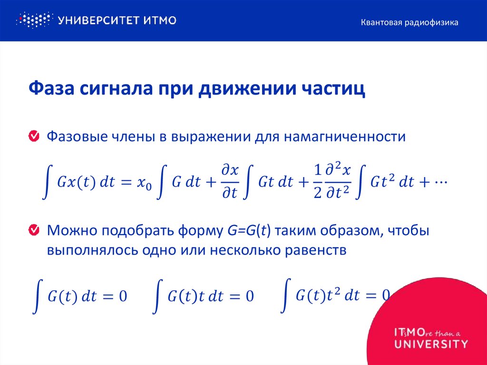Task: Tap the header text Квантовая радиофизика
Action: [409, 22]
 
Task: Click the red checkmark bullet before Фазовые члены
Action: [34, 137]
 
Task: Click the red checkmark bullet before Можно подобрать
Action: [34, 231]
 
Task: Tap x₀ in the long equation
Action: [144, 184]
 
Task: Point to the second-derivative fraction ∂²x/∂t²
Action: [338, 183]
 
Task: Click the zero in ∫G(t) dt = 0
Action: [123, 296]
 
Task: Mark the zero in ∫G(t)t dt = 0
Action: [249, 296]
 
